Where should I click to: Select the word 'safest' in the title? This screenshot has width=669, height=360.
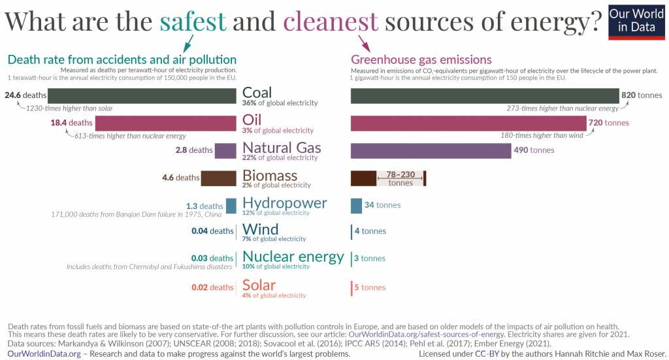coord(193,22)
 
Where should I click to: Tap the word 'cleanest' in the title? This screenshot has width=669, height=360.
coord(331,22)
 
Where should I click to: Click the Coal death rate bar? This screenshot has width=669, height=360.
coord(131,95)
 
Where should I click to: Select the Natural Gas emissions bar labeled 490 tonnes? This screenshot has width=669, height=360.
coord(431,150)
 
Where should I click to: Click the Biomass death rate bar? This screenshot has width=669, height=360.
coord(218,177)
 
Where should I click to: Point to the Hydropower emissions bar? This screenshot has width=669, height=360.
coord(356,205)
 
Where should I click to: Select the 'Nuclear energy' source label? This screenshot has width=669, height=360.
coord(293,256)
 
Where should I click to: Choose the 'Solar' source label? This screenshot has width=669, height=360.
coord(259,285)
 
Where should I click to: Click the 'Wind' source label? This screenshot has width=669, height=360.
coord(260,229)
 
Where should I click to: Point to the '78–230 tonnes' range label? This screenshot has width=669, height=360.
coord(400,178)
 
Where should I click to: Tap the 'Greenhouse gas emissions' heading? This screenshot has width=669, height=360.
coord(421,59)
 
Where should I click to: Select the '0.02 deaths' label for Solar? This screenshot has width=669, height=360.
coord(212,287)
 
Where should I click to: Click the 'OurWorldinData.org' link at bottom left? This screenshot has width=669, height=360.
coord(44,353)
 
